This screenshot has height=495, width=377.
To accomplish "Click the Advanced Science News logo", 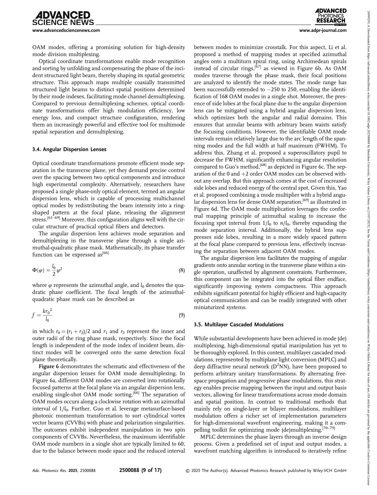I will click(63, 18).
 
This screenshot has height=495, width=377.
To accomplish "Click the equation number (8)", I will click(182, 270).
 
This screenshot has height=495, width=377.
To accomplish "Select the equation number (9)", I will click(182, 315).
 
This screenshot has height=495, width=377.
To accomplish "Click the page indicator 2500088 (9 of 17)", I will click(140, 470).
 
